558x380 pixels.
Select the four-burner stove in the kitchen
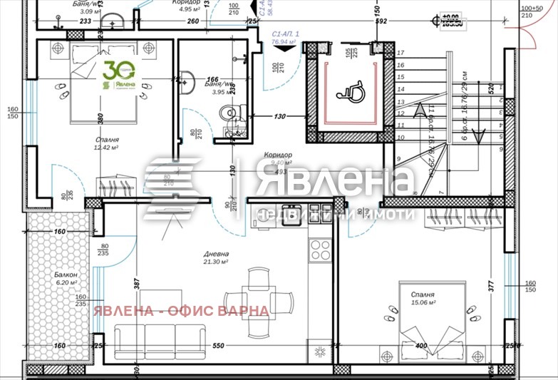pos(320,250)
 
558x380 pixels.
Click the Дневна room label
pos(215,253)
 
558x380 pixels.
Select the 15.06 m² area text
pos(423,302)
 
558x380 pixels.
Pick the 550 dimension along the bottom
pos(218,346)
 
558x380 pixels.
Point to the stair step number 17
pos(401,53)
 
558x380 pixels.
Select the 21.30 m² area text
pos(215,262)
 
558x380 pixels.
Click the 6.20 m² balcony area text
pos(65,282)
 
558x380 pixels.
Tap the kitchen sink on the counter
pos(289,220)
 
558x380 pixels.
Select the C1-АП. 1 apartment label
pos(286,34)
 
